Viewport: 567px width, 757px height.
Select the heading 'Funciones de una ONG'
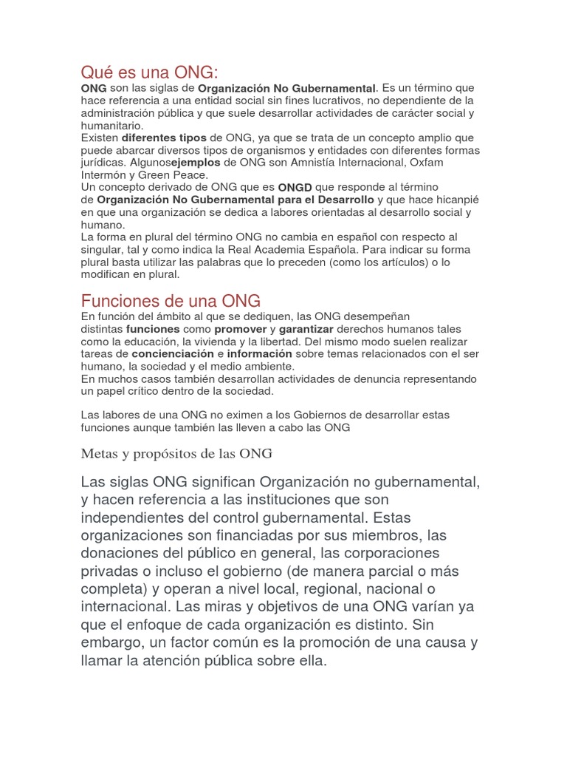171,301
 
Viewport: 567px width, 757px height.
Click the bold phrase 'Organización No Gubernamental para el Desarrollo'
236,200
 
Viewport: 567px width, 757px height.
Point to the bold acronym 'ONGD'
295,187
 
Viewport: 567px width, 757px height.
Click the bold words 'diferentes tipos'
164,138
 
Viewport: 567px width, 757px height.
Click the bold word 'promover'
241,328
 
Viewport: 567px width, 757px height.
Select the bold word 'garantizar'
306,328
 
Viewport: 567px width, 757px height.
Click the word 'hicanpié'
456,200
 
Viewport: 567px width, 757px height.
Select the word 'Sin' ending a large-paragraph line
464,625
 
